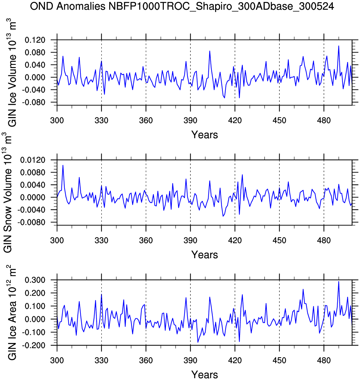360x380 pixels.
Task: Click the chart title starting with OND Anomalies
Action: (182, 6)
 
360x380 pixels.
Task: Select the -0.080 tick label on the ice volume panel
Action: (35, 103)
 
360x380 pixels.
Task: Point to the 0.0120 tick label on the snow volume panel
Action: (33, 160)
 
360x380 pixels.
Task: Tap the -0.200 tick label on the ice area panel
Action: (35, 346)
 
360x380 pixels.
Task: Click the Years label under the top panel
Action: (205, 135)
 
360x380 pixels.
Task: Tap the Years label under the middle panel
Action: (205, 255)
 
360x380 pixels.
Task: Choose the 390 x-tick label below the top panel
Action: (190, 121)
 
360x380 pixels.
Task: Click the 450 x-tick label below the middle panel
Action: (279, 240)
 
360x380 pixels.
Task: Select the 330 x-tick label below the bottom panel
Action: (101, 360)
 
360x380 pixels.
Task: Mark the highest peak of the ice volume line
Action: (338, 46)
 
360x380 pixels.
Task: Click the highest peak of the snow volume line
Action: (63, 165)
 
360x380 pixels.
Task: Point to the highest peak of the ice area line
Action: (338, 281)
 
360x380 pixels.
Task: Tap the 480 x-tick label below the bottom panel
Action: (324, 360)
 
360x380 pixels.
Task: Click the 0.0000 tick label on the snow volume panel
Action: (33, 197)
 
